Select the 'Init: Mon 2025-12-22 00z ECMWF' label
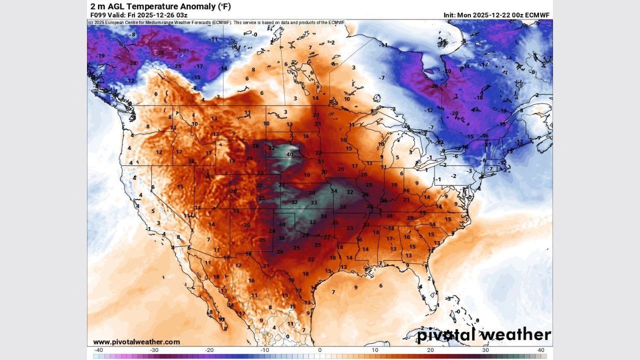tap(496, 15)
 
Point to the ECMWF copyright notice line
tap(216, 22)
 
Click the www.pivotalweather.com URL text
tap(136, 342)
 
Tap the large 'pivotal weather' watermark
tap(484, 334)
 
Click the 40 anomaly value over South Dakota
tap(289, 154)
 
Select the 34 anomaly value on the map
tap(333, 191)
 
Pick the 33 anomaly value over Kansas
tap(314, 202)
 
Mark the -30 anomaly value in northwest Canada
tap(160, 52)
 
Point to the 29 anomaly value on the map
tap(305, 235)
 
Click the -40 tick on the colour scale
tap(98, 350)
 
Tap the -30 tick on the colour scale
tap(154, 350)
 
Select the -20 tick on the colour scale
tap(209, 350)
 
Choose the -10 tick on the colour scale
tap(264, 350)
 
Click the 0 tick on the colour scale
tap(320, 350)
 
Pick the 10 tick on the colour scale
tap(375, 350)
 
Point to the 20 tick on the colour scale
tap(430, 350)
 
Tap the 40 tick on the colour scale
tap(541, 350)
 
